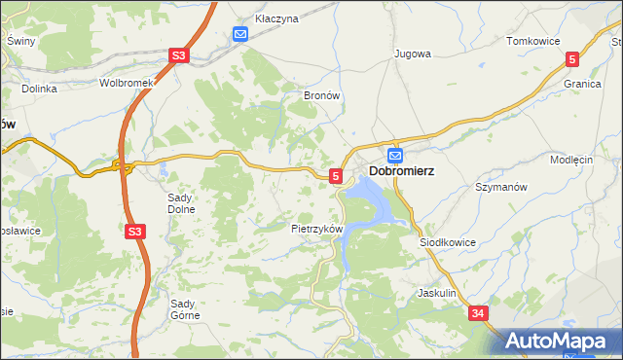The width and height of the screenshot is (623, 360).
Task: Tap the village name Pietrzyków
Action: [x=317, y=229]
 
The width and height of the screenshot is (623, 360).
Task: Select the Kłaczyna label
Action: [x=276, y=18]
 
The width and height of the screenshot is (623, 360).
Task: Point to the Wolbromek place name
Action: [x=127, y=83]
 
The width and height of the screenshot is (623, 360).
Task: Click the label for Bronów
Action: [x=321, y=96]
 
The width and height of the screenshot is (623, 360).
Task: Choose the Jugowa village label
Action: [x=412, y=54]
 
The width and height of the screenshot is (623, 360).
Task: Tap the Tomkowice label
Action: [x=531, y=41]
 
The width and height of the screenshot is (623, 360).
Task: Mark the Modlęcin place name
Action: [x=571, y=160]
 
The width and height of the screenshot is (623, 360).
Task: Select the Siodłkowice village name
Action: [x=447, y=241]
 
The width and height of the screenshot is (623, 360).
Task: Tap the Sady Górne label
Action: [x=185, y=308]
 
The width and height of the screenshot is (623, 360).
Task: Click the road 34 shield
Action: [x=477, y=313]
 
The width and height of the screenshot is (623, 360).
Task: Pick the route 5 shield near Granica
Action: [x=573, y=60]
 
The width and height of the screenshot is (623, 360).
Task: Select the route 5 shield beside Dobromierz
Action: [x=336, y=176]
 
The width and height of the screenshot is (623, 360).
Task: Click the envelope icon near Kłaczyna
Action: [x=240, y=35]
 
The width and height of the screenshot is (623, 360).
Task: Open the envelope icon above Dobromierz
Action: [x=394, y=155]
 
